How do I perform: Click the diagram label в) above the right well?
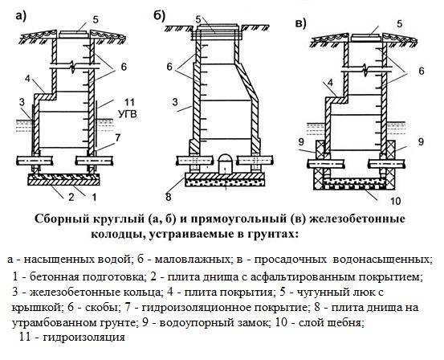pyautogui.click(x=300, y=22)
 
